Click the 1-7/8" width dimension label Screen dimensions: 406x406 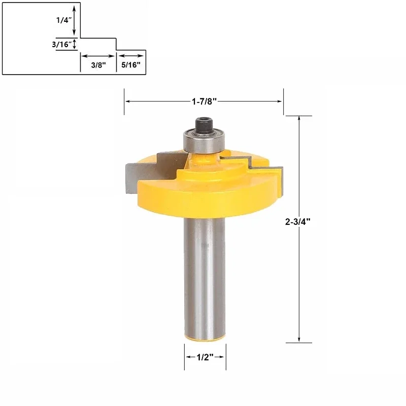(x=204, y=101)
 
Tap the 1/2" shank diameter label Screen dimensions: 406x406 (x=205, y=357)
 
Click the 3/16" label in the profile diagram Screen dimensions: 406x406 (x=61, y=44)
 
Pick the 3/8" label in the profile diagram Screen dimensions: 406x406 (x=98, y=65)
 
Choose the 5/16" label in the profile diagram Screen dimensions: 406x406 (x=130, y=65)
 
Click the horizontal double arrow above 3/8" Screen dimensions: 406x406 (x=97, y=56)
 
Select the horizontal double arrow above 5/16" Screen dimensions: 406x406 (x=130, y=56)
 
